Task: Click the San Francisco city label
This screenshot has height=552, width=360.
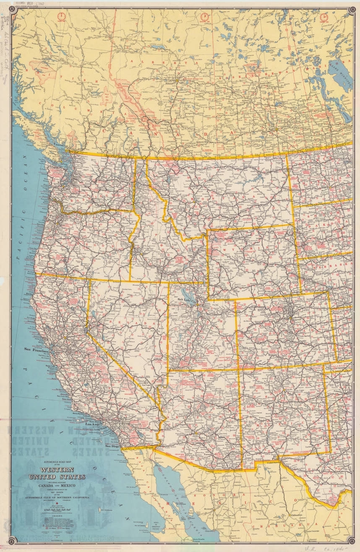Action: [37, 349]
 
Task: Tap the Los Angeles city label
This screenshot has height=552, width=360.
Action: [94, 424]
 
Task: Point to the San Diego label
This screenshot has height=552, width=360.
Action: [112, 446]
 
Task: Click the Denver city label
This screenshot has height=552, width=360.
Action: [297, 320]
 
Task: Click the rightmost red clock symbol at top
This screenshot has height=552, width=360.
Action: [324, 16]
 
